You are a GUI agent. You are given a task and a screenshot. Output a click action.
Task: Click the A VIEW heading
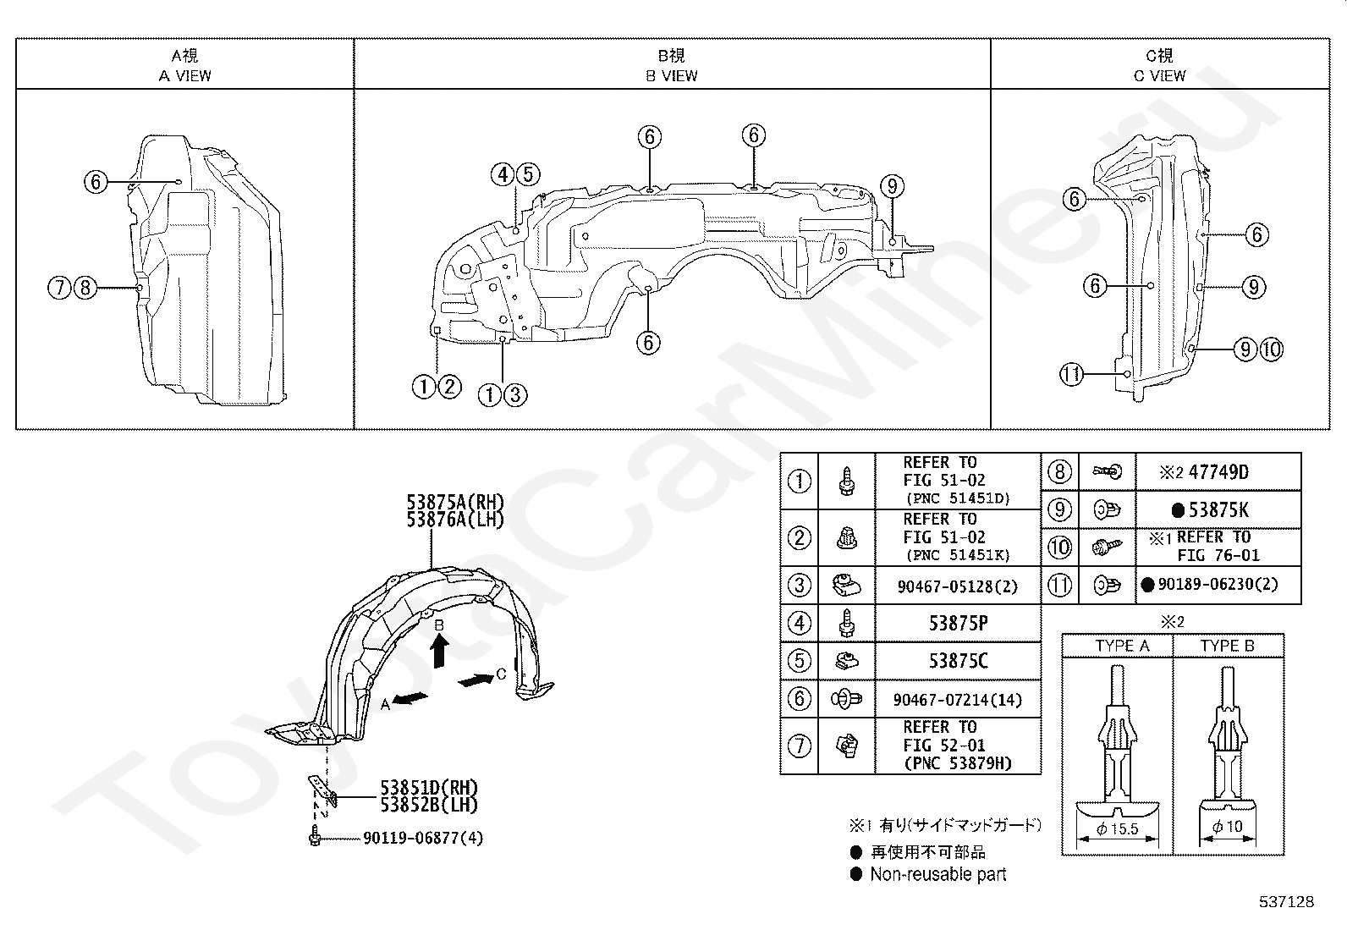click(x=185, y=75)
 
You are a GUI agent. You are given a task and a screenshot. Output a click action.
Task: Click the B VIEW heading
click(x=672, y=75)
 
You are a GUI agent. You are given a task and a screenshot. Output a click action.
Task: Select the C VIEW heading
click(x=1159, y=75)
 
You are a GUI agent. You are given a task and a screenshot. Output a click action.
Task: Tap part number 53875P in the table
click(x=958, y=624)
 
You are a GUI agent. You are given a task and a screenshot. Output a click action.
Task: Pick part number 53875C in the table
click(x=958, y=661)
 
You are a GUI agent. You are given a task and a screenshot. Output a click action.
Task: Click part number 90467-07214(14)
click(x=958, y=700)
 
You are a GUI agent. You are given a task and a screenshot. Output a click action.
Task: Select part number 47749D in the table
click(x=1218, y=472)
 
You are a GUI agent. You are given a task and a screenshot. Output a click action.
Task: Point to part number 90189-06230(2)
click(x=1218, y=584)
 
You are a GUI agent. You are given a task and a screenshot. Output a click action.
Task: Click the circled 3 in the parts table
click(x=799, y=585)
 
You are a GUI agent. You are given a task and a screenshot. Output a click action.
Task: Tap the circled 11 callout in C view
click(x=1071, y=373)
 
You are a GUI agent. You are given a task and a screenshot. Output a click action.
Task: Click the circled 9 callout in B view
click(x=892, y=186)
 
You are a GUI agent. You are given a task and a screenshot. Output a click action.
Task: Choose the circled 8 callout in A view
click(x=85, y=288)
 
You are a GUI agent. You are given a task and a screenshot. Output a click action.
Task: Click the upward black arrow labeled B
click(x=439, y=652)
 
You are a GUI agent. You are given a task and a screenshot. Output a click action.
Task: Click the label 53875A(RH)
click(x=455, y=504)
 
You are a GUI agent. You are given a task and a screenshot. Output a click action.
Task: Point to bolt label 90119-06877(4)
click(x=423, y=838)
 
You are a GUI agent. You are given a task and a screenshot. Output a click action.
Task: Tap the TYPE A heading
click(x=1122, y=646)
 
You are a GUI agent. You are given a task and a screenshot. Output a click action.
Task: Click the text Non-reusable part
click(x=937, y=874)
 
